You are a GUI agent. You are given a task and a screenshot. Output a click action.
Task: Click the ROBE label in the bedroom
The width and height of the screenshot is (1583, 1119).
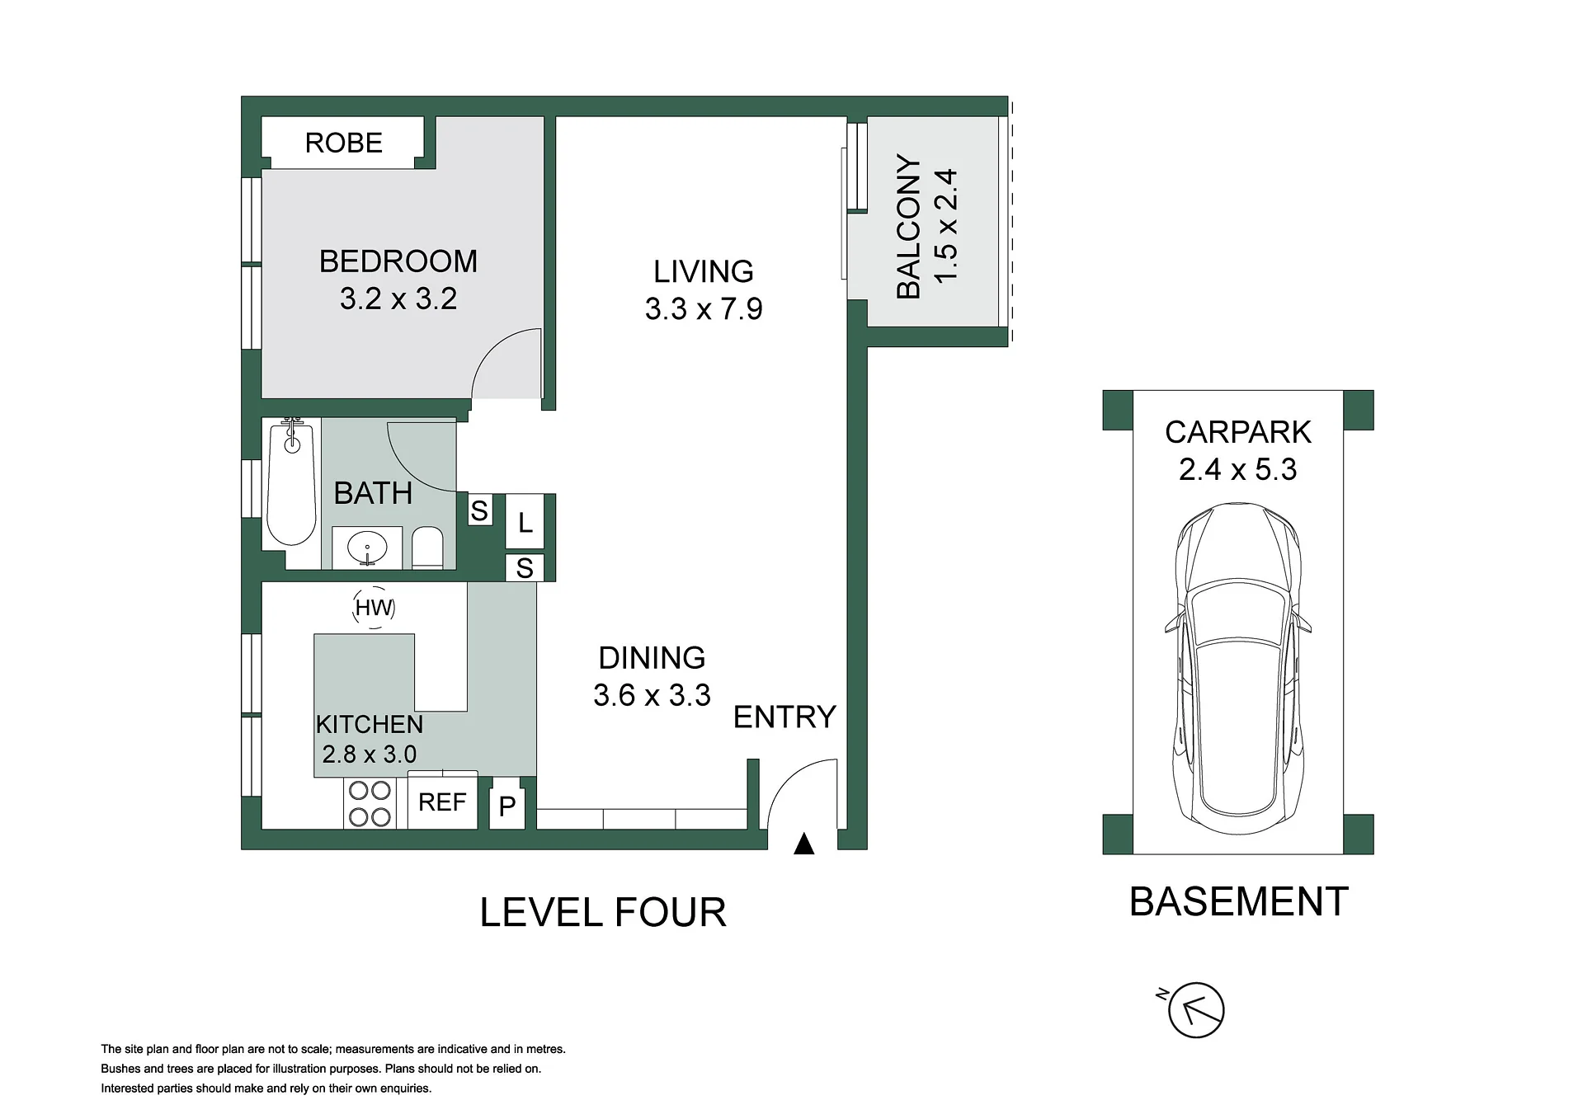(x=344, y=143)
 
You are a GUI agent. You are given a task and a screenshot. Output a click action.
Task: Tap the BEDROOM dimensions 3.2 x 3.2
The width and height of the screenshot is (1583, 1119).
(x=398, y=299)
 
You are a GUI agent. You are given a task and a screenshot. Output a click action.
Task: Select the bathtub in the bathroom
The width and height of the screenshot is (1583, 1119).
(x=292, y=483)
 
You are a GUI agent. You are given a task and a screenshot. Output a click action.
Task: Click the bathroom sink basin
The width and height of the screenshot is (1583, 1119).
(x=367, y=548)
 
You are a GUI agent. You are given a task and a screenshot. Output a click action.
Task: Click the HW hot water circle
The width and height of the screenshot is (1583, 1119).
(x=374, y=608)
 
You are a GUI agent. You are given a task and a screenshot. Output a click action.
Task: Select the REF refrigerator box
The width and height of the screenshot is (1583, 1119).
(x=442, y=802)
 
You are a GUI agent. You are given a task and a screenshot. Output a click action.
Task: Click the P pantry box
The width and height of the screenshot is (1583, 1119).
(x=507, y=805)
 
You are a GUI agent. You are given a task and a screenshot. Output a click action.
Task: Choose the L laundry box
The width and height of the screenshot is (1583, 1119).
(x=525, y=522)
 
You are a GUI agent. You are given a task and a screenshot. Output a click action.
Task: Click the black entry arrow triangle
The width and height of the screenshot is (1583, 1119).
(x=803, y=844)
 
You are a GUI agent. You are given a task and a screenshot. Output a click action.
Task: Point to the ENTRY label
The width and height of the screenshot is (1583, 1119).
(x=784, y=717)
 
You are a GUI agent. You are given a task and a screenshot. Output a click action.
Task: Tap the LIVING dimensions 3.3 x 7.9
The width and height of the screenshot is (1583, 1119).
(x=704, y=309)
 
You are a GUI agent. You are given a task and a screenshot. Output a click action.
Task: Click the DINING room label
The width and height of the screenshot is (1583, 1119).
(x=652, y=658)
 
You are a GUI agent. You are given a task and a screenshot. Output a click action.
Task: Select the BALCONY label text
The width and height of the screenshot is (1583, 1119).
(x=908, y=227)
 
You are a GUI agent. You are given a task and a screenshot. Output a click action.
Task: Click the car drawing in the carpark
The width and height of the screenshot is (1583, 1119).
(x=1237, y=670)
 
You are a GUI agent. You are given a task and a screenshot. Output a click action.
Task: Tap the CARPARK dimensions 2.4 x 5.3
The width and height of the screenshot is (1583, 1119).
(x=1237, y=470)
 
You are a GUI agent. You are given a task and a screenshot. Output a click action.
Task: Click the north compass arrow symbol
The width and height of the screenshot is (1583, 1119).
(x=1195, y=1010)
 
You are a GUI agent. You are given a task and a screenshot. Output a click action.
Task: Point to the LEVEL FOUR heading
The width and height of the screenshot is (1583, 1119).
(x=603, y=913)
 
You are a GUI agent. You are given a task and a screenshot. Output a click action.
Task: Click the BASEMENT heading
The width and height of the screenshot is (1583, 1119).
(x=1238, y=902)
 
